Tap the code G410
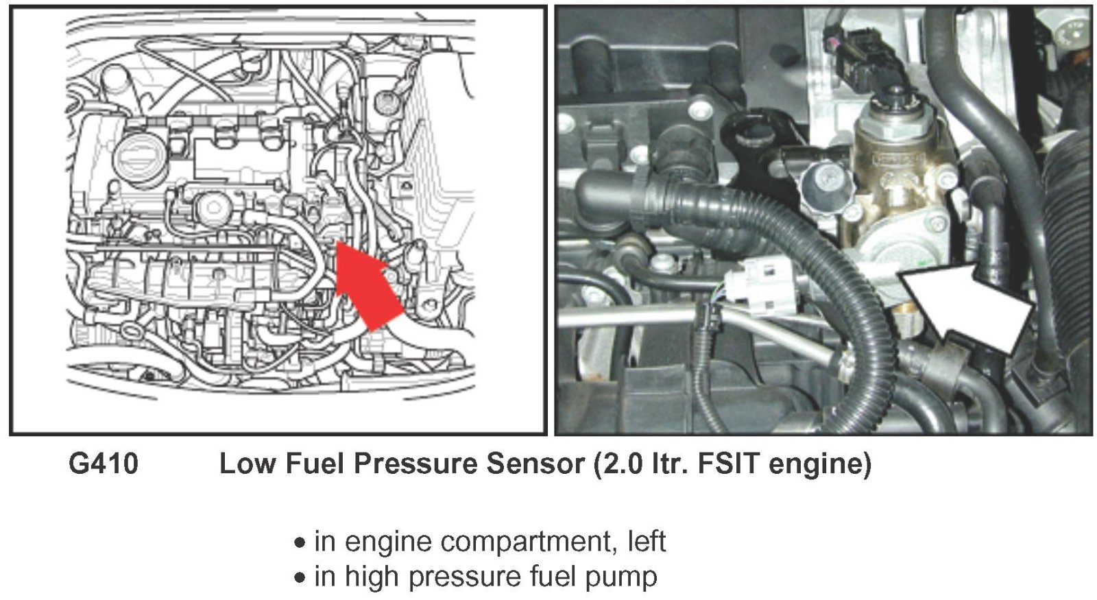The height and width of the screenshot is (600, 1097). (104, 464)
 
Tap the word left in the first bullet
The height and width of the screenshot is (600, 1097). (647, 542)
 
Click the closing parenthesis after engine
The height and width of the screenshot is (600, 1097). (867, 464)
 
